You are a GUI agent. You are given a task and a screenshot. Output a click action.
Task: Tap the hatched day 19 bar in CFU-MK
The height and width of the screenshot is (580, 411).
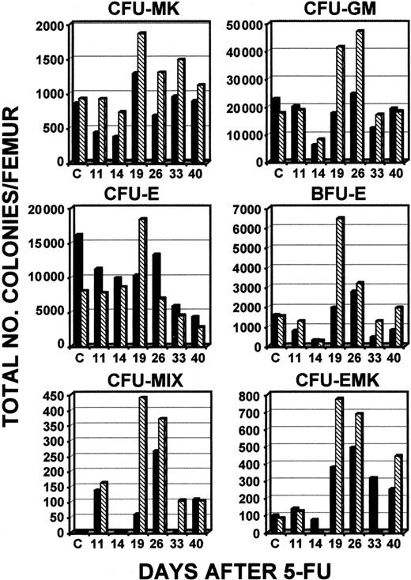(x=141, y=96)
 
